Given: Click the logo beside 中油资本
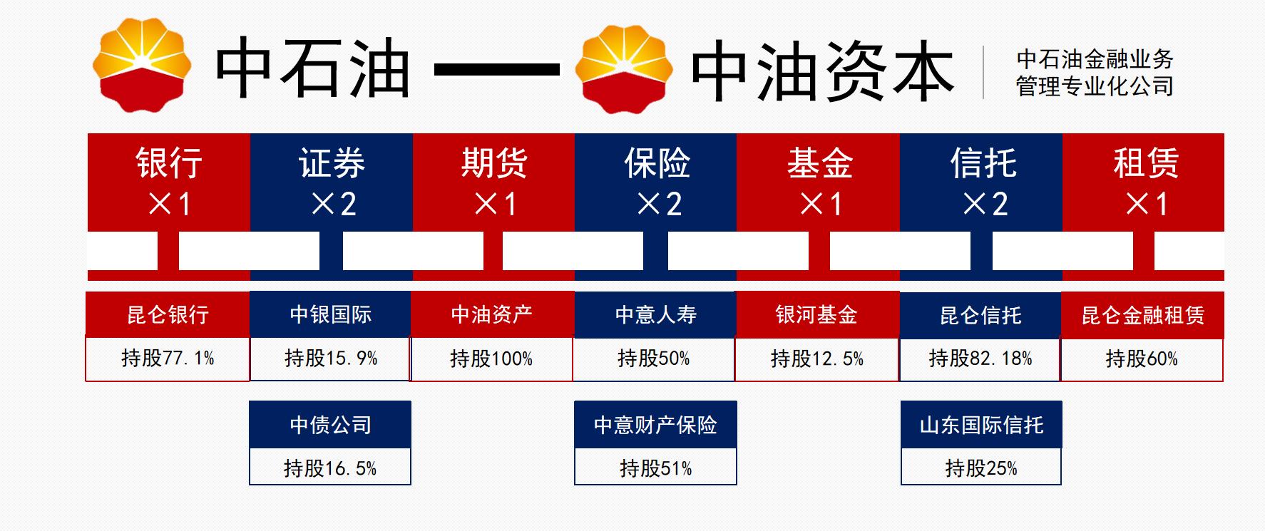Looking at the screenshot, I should click(624, 69).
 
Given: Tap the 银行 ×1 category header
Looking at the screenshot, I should click(169, 182).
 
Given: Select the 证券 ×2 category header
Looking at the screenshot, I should click(332, 182).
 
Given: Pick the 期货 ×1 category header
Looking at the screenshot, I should click(493, 182).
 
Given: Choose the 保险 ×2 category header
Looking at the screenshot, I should click(656, 182).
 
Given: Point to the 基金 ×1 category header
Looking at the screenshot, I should click(819, 182).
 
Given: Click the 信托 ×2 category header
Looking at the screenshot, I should click(982, 182).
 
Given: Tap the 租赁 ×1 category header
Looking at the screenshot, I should click(1144, 182).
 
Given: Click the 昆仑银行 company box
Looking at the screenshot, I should click(168, 314).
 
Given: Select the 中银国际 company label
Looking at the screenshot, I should click(330, 314).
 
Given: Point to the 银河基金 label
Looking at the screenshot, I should click(816, 314).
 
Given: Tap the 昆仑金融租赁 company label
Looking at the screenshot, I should click(1142, 315).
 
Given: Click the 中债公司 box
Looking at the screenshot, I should click(330, 425).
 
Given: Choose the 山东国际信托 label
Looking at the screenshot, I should click(981, 425).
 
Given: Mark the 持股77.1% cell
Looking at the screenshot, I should click(168, 358).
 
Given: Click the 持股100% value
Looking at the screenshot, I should click(491, 359).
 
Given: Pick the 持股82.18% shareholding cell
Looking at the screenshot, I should click(980, 358).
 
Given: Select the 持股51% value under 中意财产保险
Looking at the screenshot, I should click(655, 468).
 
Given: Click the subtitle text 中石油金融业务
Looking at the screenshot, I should click(1095, 59).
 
